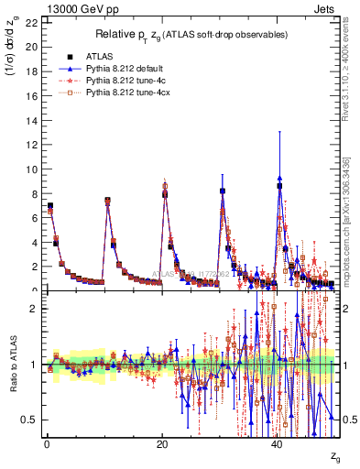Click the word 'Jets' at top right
pos(327,9)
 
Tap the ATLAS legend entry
pos(101,54)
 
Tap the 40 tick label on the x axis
pos(278,443)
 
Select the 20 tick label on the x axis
pos(162,443)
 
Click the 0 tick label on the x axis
pos(47,443)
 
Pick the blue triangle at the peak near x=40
pos(279,179)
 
